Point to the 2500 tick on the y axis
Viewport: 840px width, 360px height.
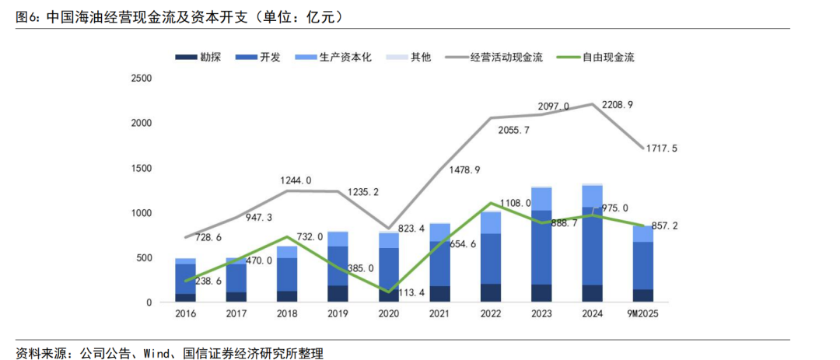click(x=142, y=79)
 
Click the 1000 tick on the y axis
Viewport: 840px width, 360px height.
click(x=142, y=213)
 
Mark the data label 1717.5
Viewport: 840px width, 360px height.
click(x=661, y=148)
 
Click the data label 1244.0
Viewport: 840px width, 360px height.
click(x=296, y=180)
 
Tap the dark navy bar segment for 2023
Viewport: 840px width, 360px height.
click(x=542, y=293)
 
